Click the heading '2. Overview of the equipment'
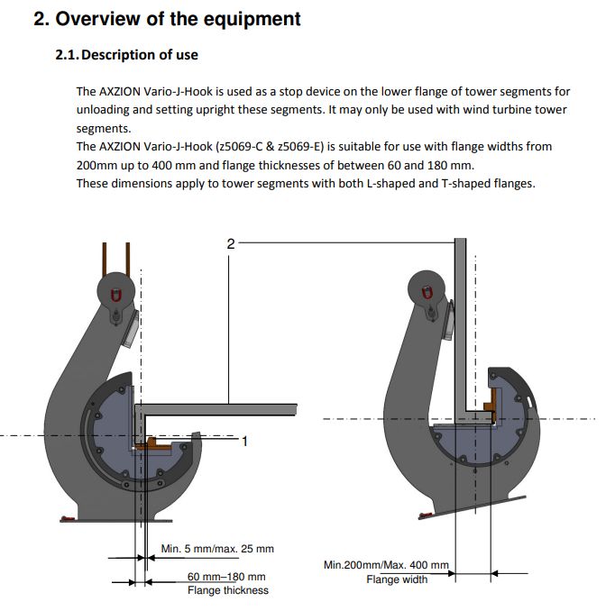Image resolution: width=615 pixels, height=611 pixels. pyautogui.click(x=168, y=19)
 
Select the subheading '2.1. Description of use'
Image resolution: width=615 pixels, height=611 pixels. pyautogui.click(x=127, y=55)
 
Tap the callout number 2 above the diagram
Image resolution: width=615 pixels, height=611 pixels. pyautogui.click(x=230, y=243)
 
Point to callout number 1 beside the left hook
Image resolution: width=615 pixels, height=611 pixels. pyautogui.click(x=244, y=441)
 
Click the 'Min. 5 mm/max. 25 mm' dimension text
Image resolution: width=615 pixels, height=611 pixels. pyautogui.click(x=217, y=548)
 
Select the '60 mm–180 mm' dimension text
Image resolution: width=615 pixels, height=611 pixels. pyautogui.click(x=226, y=577)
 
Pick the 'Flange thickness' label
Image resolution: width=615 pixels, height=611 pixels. pyautogui.click(x=227, y=590)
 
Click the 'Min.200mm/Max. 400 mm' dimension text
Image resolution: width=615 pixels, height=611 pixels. pyautogui.click(x=386, y=565)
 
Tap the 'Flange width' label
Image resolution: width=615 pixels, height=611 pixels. pyautogui.click(x=397, y=579)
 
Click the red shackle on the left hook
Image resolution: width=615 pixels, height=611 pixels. pyautogui.click(x=115, y=295)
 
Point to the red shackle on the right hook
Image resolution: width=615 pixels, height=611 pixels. pyautogui.click(x=427, y=292)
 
